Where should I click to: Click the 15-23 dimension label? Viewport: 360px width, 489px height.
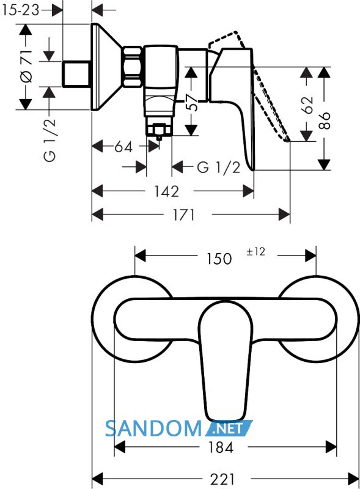pyautogui.click(x=21, y=10)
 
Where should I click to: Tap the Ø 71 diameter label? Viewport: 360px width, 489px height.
pyautogui.click(x=26, y=66)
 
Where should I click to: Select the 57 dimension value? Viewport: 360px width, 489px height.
pyautogui.click(x=192, y=102)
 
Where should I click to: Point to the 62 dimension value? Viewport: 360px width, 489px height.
pyautogui.click(x=307, y=105)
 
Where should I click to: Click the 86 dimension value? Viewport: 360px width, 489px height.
pyautogui.click(x=324, y=120)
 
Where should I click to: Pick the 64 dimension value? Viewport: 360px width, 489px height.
pyautogui.click(x=123, y=147)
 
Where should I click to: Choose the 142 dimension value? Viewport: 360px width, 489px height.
pyautogui.click(x=167, y=191)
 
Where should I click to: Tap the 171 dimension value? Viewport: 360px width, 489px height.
pyautogui.click(x=184, y=215)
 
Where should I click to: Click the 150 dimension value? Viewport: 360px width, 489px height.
pyautogui.click(x=219, y=259)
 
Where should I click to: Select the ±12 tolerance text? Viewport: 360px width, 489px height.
pyautogui.click(x=256, y=251)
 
